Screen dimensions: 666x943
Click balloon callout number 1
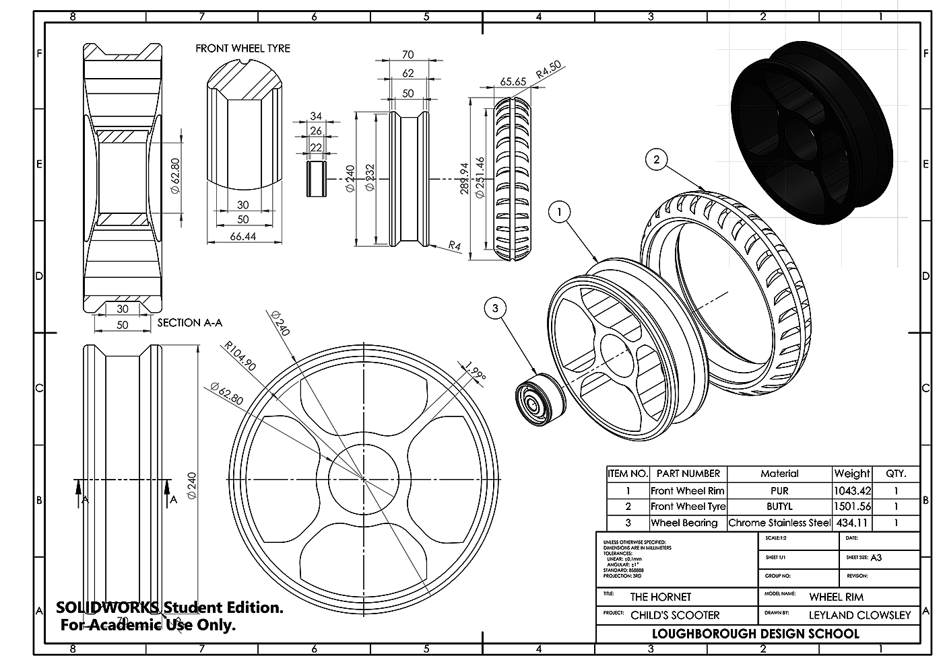[x=559, y=213]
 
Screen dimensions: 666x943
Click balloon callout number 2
[x=656, y=159]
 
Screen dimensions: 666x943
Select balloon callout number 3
[x=496, y=309]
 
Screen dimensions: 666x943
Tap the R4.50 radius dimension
[x=548, y=69]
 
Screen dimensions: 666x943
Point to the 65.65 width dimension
[x=513, y=81]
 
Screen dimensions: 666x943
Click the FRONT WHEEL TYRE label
[x=242, y=48]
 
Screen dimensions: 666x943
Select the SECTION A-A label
[x=189, y=323]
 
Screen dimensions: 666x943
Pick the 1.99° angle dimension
[x=475, y=371]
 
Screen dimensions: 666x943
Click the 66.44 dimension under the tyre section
[x=242, y=236]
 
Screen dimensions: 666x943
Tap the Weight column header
[x=852, y=474]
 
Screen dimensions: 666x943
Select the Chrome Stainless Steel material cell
[x=779, y=523]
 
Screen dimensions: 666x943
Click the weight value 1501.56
[x=852, y=507]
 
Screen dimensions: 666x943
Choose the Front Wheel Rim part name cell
[x=688, y=490]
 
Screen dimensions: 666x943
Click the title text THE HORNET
[x=660, y=597]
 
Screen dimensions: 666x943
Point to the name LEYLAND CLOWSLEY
[x=859, y=615]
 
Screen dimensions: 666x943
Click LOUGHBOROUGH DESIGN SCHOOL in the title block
[x=755, y=634]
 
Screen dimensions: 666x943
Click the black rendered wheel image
[x=812, y=135]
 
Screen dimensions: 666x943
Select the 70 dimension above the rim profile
[x=408, y=54]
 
